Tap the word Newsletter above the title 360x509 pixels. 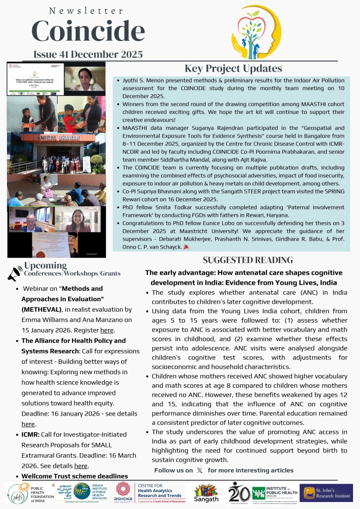click(x=87, y=10)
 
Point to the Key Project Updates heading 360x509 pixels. click(x=233, y=69)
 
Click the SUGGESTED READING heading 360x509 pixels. click(x=248, y=260)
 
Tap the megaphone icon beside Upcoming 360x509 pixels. click(x=15, y=273)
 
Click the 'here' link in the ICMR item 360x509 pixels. click(x=81, y=466)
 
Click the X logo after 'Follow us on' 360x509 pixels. click(x=200, y=470)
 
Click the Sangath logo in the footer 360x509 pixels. click(x=206, y=493)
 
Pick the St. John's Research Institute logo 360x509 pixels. click(x=326, y=493)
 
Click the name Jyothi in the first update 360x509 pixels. click(x=131, y=80)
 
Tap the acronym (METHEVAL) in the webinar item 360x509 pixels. click(x=42, y=309)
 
